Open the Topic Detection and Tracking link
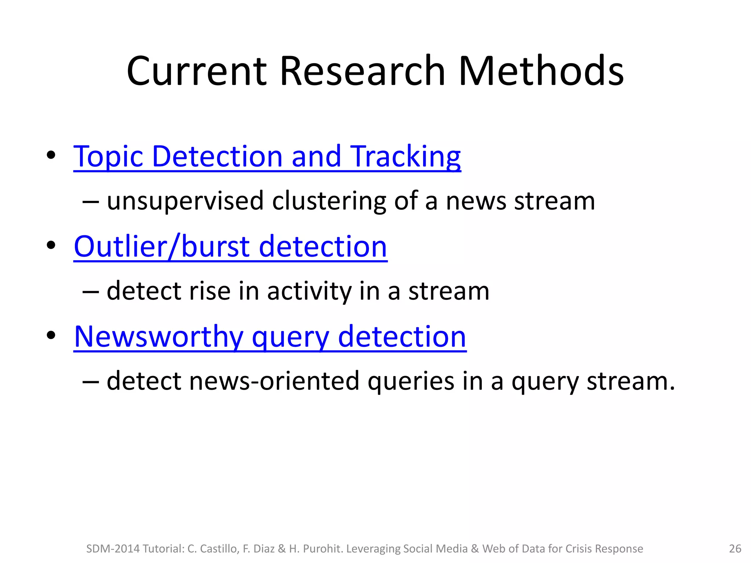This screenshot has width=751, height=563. [x=267, y=157]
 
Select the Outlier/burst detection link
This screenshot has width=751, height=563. [x=230, y=247]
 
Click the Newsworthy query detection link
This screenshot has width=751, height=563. [x=270, y=337]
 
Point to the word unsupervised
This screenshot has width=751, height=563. [x=185, y=201]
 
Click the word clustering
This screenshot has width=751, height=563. [x=329, y=201]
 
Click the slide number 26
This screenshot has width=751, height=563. [x=735, y=549]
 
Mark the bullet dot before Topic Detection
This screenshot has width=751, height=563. [x=51, y=155]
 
